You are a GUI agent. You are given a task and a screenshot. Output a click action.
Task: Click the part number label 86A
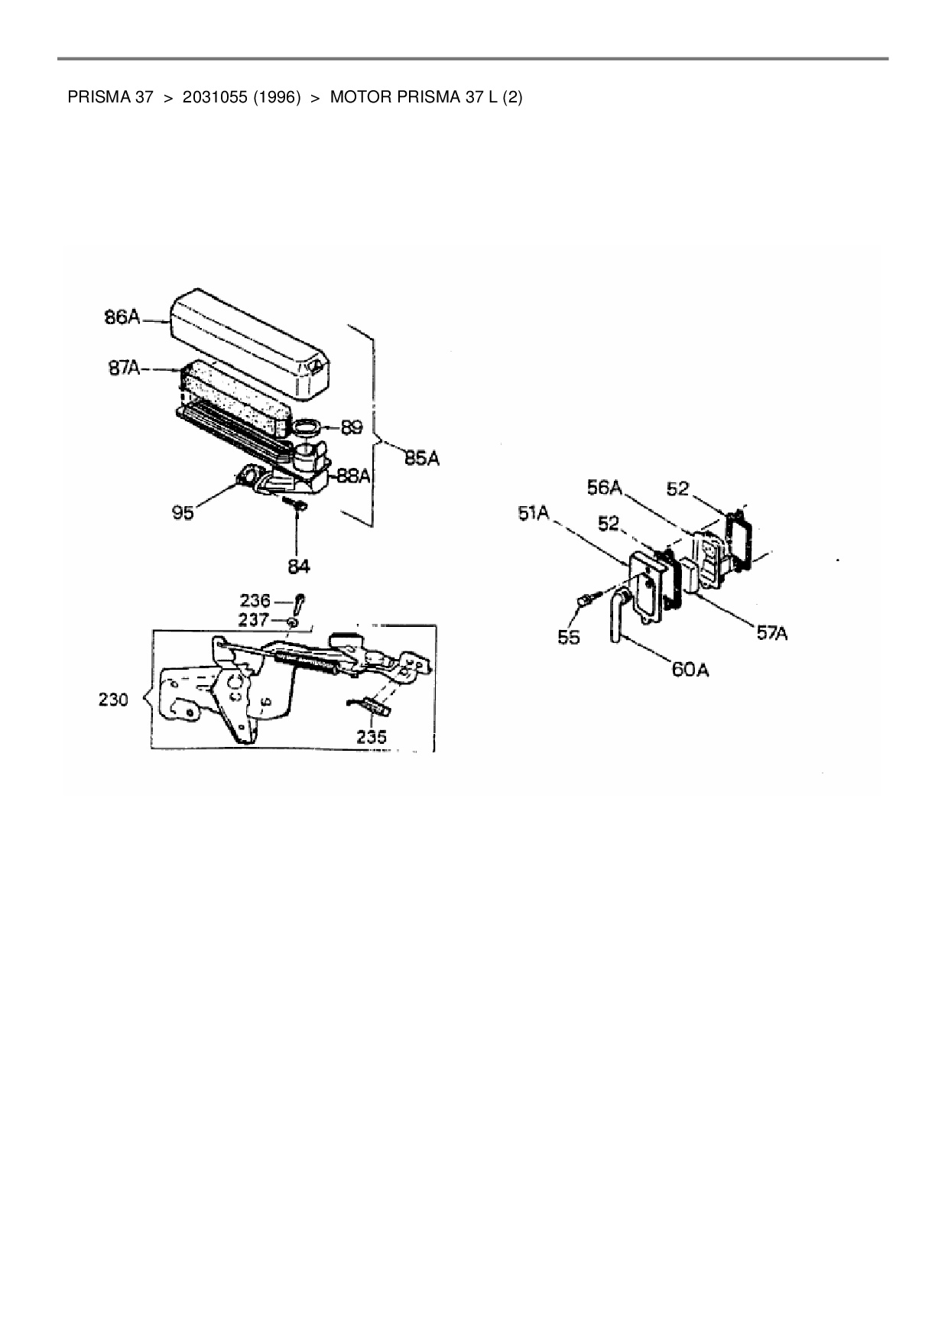[122, 317]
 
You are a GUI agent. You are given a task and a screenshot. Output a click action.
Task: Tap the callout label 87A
[123, 369]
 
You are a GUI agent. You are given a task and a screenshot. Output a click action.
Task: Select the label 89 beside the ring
[352, 427]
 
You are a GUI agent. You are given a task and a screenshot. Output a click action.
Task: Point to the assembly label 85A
[420, 459]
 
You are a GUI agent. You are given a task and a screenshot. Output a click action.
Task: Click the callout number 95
[183, 512]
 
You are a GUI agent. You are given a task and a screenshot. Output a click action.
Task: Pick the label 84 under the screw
[299, 567]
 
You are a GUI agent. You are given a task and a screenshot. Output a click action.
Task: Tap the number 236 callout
[255, 601]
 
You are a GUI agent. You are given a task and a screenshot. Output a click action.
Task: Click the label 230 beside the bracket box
[113, 699]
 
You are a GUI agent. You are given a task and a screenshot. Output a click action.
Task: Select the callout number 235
[371, 737]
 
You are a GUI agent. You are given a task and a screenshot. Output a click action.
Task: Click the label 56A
[605, 487]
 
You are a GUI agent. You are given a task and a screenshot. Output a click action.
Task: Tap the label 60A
[690, 670]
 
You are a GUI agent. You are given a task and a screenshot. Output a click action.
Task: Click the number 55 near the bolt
[569, 637]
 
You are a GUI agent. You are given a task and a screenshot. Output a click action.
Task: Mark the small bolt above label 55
[585, 602]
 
